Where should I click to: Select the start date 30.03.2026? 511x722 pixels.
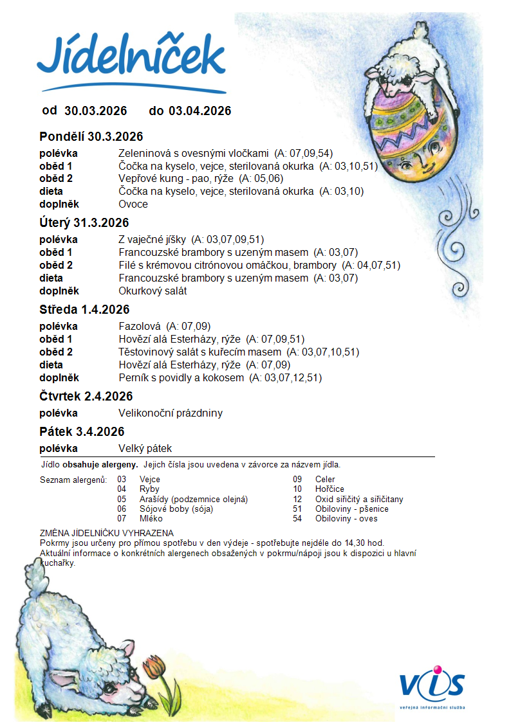[96, 111]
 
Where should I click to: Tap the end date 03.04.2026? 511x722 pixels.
[200, 111]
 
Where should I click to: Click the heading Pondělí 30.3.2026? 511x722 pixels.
[91, 136]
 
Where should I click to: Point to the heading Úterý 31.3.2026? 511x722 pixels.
[84, 223]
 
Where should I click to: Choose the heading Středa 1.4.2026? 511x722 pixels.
[84, 310]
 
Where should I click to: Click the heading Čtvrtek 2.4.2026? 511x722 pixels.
[86, 396]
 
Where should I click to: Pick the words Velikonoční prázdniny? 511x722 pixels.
[171, 413]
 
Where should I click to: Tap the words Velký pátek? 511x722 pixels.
[145, 448]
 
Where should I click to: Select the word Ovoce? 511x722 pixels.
[133, 204]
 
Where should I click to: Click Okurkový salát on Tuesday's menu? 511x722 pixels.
[153, 291]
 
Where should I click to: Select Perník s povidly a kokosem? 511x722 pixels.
[181, 377]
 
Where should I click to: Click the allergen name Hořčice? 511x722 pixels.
[329, 489]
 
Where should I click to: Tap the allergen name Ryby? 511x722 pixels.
[149, 489]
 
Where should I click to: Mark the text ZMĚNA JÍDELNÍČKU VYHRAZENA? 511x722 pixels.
[106, 533]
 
